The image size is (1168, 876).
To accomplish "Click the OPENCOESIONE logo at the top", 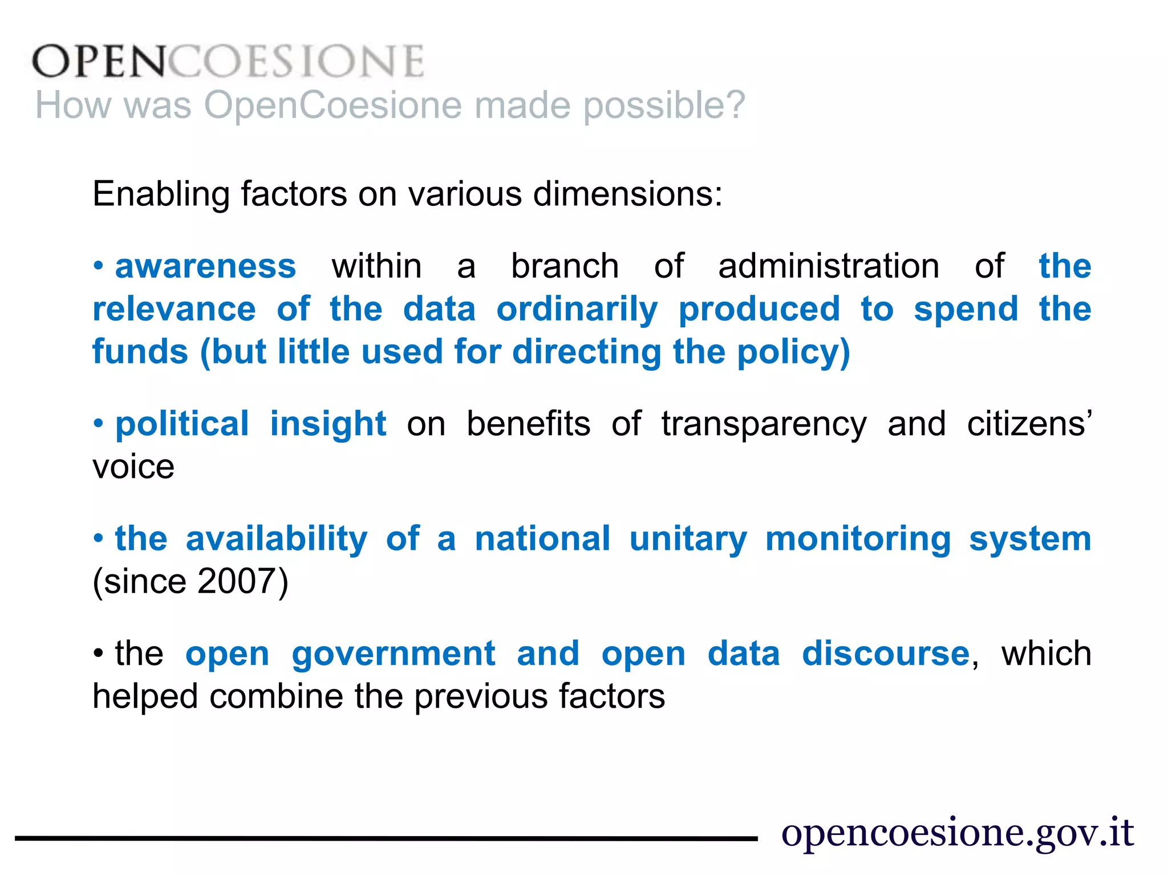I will click(228, 61).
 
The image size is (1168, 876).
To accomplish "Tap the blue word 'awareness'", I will click(205, 266).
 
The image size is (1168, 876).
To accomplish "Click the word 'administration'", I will click(828, 266).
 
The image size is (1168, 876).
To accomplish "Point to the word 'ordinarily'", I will click(577, 309).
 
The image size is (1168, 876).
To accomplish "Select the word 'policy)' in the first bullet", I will click(793, 352).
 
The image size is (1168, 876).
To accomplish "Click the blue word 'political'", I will click(182, 424).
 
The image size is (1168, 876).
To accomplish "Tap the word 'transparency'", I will click(764, 424).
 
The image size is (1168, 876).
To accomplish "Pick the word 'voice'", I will click(133, 467).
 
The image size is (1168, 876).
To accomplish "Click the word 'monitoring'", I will click(858, 539).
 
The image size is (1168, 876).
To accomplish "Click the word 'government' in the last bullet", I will click(393, 654).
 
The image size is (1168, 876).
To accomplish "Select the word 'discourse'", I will click(885, 654).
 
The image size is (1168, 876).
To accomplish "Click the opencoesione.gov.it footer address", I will click(957, 833).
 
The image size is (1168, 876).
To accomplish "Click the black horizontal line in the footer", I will click(386, 838).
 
